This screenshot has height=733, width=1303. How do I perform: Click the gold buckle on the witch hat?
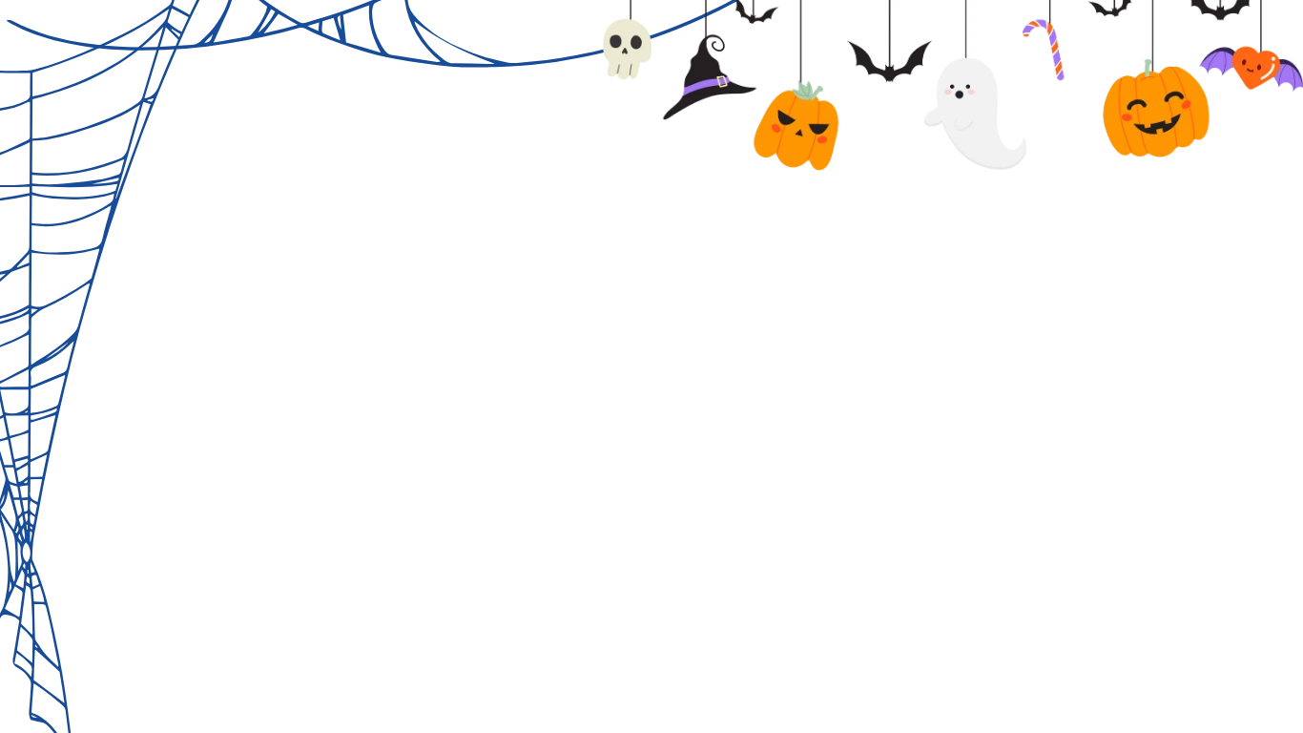coord(722,82)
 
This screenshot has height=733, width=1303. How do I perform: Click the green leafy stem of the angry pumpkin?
coord(807,91)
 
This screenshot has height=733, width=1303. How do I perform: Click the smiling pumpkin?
coord(1155,113)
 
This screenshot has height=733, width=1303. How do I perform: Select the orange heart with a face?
coord(1253,66)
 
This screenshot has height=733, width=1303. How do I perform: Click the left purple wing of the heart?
coord(1216,62)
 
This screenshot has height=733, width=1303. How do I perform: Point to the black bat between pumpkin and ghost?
coord(891,60)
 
